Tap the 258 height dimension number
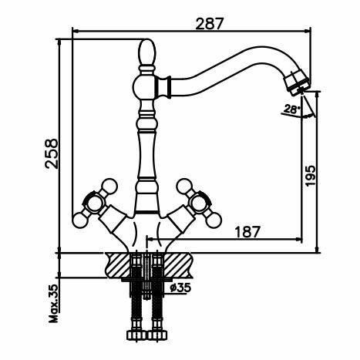coord(52,153)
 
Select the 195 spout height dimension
coord(310,176)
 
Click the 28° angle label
coord(291,109)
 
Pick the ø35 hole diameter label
coord(180,288)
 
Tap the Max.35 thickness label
coord(53,303)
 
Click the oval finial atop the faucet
coord(147,52)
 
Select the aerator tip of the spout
coord(298,82)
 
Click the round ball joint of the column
coord(144,86)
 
